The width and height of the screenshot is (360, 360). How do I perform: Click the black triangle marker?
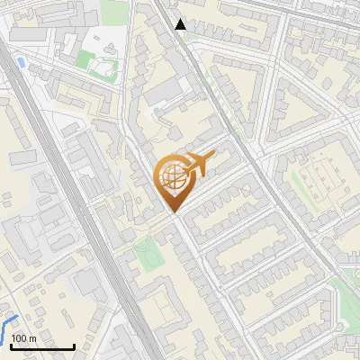pos(181,24)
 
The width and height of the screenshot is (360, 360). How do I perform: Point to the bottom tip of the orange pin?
pos(172,212)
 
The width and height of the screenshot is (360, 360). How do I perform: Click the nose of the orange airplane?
pos(214,155)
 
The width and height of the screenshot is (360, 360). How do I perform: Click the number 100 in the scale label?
pos(18,338)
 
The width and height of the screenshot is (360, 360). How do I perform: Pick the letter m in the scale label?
pos(32,338)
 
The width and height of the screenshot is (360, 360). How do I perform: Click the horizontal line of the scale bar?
pos(42,346)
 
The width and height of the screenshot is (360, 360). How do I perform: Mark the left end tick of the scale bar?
pos(11,346)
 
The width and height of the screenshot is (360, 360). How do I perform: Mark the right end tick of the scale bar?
pos(74,346)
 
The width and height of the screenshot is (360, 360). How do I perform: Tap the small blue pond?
pos(20,63)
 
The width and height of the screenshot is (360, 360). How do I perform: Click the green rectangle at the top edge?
pos(114,11)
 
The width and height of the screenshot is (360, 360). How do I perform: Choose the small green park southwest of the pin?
pos(147,255)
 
